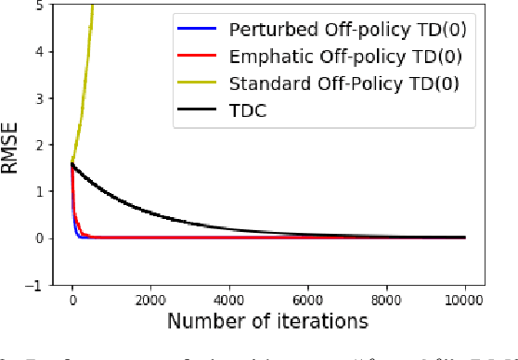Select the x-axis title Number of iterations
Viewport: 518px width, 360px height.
[268, 321]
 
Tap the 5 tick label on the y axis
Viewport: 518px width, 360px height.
[37, 6]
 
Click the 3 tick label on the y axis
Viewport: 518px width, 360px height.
[37, 98]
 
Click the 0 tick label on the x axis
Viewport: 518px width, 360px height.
[72, 299]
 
